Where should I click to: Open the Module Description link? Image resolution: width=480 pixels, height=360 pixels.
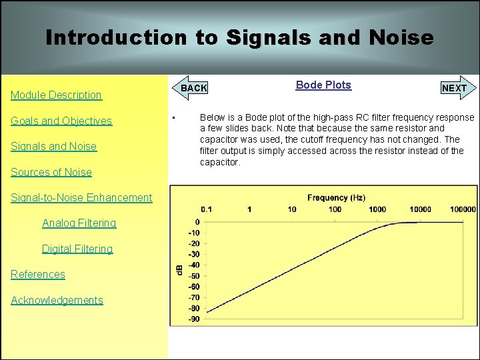point(56,95)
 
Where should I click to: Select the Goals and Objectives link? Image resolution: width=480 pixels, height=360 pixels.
point(61,121)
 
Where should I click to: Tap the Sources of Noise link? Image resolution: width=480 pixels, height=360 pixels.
point(51,172)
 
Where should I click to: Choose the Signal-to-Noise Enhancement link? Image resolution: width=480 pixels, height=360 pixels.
point(81,197)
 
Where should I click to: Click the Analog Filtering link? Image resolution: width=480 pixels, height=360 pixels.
point(79,223)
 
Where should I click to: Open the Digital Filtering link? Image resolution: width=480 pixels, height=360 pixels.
point(77,249)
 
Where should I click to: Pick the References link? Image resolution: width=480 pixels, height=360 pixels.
point(38,274)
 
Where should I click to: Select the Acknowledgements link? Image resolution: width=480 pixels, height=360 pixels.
point(57,300)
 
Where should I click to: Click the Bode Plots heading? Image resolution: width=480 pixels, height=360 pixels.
point(323,85)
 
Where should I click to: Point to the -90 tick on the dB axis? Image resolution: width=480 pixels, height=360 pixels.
point(193,319)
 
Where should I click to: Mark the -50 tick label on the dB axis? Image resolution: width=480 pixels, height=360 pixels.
point(193,275)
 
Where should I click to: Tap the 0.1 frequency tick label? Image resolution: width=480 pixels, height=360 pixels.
point(207,209)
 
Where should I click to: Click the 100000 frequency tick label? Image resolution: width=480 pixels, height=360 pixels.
point(462,209)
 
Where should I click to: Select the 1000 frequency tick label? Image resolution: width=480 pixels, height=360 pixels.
point(377,209)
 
